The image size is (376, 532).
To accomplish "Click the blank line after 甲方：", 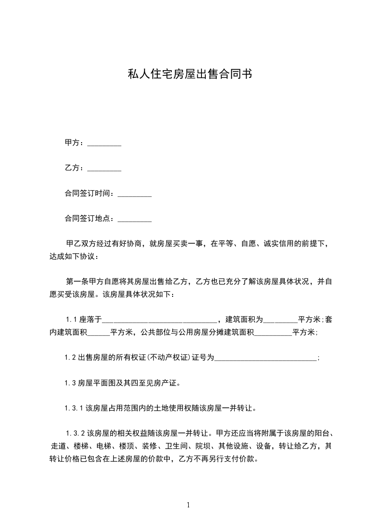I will [x=104, y=143].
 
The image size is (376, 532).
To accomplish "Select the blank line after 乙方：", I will [x=104, y=168].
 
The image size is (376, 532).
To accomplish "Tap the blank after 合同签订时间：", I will [x=134, y=193].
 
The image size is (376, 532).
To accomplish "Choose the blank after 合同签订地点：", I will [x=134, y=219].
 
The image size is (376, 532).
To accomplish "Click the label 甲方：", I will [x=75, y=143].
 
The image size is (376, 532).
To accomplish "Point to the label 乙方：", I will [x=75, y=168].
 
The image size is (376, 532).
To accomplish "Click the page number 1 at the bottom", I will [x=188, y=505].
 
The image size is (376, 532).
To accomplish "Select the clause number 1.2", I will [x=71, y=358].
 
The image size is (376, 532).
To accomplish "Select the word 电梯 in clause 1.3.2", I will [x=104, y=446].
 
